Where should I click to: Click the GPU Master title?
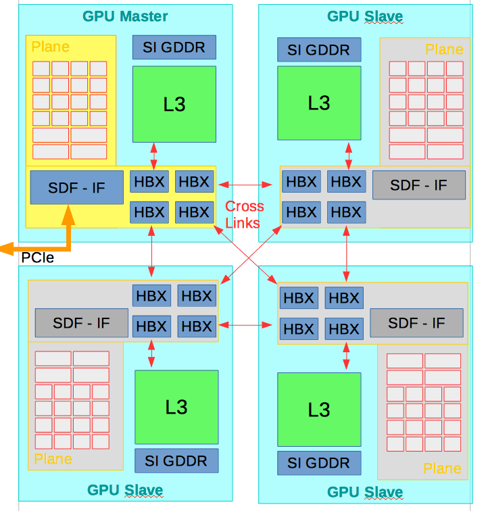tap(125, 16)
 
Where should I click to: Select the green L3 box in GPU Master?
tap(174, 103)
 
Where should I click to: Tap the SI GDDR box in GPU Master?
tap(174, 47)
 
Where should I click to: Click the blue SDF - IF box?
tap(77, 187)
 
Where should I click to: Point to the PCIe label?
tap(37, 258)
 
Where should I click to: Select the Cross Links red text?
tap(245, 213)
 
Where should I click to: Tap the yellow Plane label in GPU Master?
tap(51, 47)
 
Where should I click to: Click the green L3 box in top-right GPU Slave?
tap(319, 103)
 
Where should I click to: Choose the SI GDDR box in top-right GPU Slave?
tap(319, 49)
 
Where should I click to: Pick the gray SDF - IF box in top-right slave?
tap(419, 185)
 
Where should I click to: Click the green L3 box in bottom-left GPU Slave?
tap(176, 406)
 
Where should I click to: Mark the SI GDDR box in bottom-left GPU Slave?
tap(176, 461)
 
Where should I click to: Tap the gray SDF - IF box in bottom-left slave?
tap(82, 322)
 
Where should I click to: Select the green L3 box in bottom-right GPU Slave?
tap(319, 409)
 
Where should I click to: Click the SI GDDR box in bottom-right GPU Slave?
tap(319, 463)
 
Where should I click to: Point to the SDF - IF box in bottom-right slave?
tap(416, 322)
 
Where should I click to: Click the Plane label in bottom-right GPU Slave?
tap(442, 468)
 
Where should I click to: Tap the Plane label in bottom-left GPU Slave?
tap(53, 459)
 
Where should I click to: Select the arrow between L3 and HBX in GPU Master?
tap(155, 155)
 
